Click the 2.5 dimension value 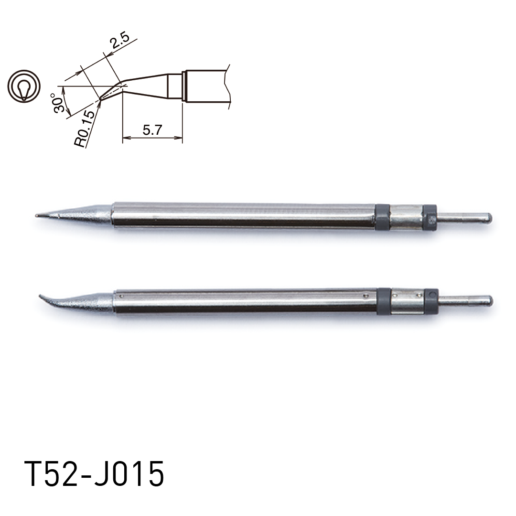click(x=119, y=43)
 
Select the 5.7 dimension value click(x=152, y=130)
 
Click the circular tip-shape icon click(x=23, y=86)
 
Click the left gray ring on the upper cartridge click(x=382, y=217)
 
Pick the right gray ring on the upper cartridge click(x=430, y=218)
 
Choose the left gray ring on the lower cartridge click(x=384, y=301)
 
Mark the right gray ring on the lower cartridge click(x=431, y=301)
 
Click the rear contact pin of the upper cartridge click(x=466, y=218)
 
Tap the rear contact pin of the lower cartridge click(x=467, y=301)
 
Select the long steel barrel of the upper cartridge click(x=244, y=215)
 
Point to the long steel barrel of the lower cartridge click(x=246, y=301)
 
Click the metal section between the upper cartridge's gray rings click(x=406, y=217)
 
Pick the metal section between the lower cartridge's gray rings click(x=408, y=301)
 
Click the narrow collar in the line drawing click(x=175, y=86)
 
